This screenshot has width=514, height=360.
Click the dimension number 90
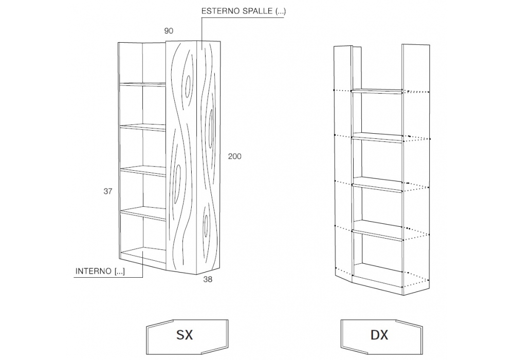[x=169, y=31]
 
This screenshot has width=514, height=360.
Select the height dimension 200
[x=234, y=156]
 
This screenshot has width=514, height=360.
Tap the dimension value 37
[x=107, y=191]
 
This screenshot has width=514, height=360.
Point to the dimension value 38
[x=208, y=280]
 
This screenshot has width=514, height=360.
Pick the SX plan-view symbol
[x=185, y=335]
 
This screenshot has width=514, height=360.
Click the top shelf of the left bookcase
[x=143, y=83]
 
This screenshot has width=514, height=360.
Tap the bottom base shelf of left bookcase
[x=143, y=253]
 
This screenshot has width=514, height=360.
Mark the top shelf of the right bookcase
[x=377, y=92]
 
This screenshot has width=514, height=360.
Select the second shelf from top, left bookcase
[x=143, y=127]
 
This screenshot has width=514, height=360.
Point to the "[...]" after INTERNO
[x=119, y=272]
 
